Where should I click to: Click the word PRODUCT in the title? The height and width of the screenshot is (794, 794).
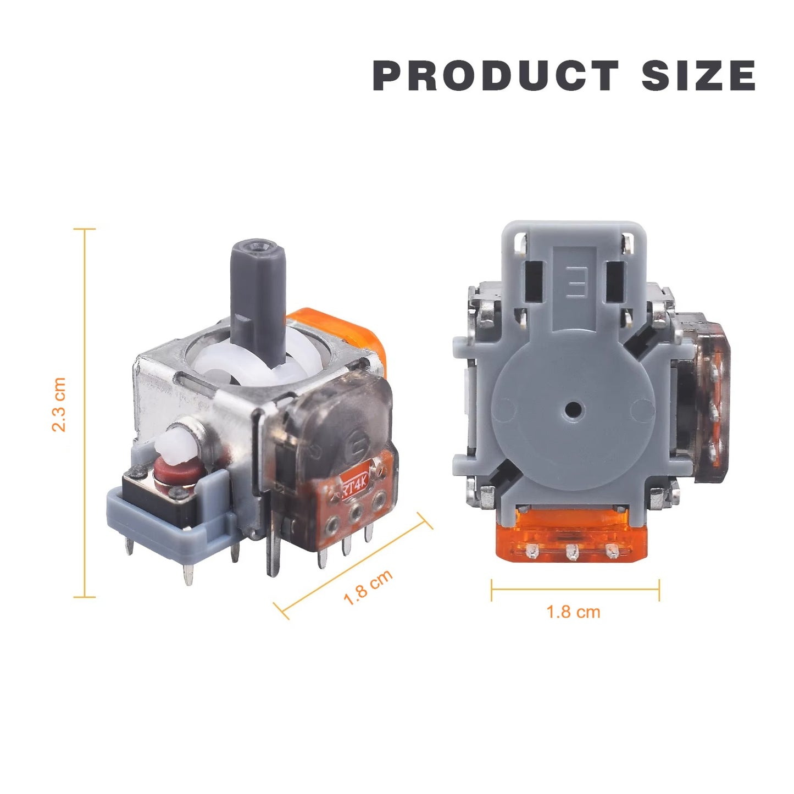pyautogui.click(x=496, y=75)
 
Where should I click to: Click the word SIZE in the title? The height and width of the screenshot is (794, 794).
pyautogui.click(x=699, y=75)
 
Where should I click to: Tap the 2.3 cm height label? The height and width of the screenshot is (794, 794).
pyautogui.click(x=59, y=404)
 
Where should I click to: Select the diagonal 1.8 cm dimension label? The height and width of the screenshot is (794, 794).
pyautogui.click(x=368, y=588)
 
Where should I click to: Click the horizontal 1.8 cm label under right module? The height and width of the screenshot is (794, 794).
pyautogui.click(x=573, y=612)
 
